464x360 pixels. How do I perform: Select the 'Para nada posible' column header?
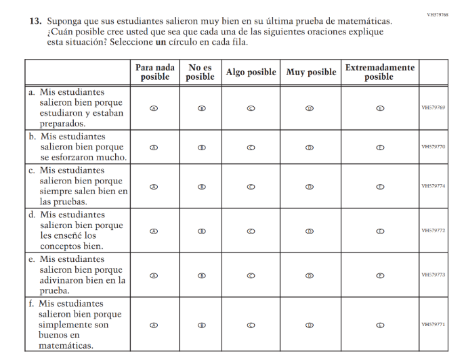[154, 72]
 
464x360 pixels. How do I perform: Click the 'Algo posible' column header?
[251, 72]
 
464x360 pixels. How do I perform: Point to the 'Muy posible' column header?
[311, 72]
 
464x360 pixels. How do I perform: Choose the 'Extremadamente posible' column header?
[379, 72]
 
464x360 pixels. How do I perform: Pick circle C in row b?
[251, 148]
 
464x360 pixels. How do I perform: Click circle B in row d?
[201, 231]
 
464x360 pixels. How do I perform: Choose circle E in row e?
[380, 275]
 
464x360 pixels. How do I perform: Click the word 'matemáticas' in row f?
[66, 345]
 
